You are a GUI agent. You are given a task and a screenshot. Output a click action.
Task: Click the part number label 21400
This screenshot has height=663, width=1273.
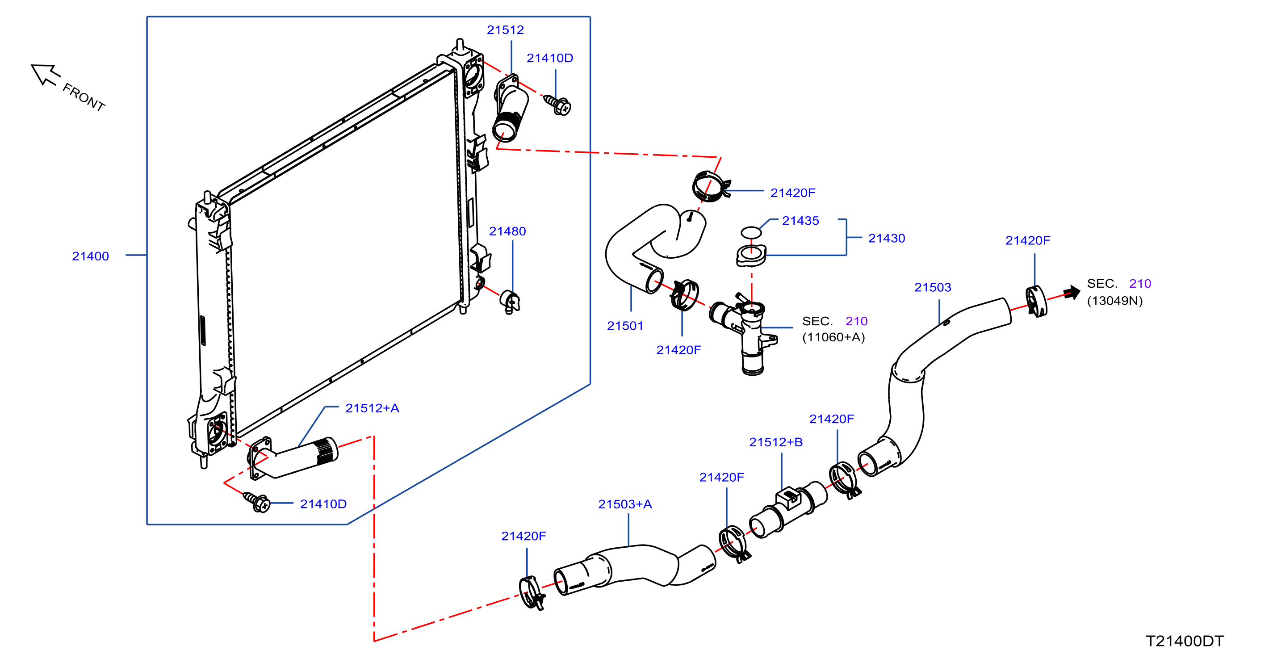tap(90, 256)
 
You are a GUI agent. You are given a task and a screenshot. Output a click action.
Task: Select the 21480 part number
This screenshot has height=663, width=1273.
tap(507, 231)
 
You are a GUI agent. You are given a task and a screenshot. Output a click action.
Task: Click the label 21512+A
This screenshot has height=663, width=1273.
tap(372, 408)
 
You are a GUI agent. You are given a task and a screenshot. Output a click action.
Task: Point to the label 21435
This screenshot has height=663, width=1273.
tap(800, 221)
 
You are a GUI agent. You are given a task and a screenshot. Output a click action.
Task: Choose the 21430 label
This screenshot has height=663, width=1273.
tap(887, 238)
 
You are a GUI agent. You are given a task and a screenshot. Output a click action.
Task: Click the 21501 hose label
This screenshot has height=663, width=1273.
tap(625, 326)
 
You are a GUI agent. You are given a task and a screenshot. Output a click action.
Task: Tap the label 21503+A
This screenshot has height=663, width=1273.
tap(625, 504)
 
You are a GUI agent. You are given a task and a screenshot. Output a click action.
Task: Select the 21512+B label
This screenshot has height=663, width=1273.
tap(776, 442)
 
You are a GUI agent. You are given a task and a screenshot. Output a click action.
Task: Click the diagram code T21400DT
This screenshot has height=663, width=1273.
tap(1185, 641)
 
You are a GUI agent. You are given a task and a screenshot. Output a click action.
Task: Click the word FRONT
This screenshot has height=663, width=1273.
tap(84, 97)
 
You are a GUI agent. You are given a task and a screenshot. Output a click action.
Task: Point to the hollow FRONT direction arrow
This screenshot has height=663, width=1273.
tap(45, 74)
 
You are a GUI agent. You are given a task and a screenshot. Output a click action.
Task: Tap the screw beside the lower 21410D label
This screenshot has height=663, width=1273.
tap(257, 502)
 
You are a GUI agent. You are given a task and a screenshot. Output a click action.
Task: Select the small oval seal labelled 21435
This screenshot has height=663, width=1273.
tap(751, 232)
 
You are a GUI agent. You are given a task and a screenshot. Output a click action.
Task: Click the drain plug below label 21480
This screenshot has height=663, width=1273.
tap(510, 301)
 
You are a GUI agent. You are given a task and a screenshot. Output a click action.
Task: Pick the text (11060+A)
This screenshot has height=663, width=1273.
tap(833, 337)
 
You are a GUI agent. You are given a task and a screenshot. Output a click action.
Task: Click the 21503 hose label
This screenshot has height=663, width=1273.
tap(933, 287)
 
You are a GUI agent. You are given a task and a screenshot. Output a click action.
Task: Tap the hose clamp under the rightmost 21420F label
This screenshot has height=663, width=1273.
tap(1036, 301)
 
